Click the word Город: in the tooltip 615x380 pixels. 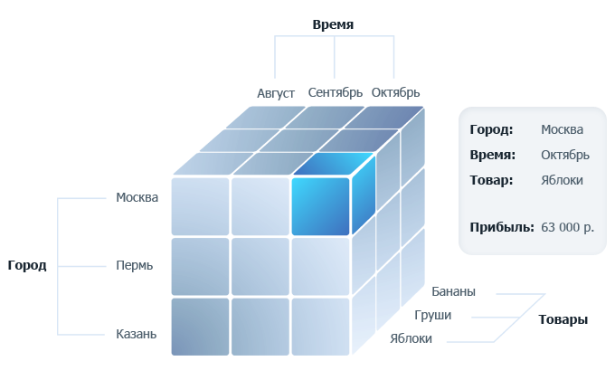(x=491, y=129)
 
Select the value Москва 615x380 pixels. (x=562, y=129)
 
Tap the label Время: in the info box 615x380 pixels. (x=492, y=155)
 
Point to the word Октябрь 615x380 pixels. (x=565, y=155)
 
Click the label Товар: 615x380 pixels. (x=491, y=180)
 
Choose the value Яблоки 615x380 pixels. (x=562, y=180)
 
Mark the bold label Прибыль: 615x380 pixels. (x=502, y=226)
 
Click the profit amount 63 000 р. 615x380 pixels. (x=567, y=226)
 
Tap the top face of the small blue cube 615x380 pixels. (x=332, y=164)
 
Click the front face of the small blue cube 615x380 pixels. (x=320, y=206)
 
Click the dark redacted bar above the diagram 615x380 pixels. (x=333, y=25)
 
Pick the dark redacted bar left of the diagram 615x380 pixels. (x=27, y=266)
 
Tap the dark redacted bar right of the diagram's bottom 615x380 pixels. (x=563, y=320)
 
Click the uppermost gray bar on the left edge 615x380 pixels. (x=137, y=197)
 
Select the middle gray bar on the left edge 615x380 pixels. (x=135, y=266)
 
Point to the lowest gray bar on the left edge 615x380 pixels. (x=137, y=334)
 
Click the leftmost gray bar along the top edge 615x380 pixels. (x=276, y=94)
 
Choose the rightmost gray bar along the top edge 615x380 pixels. (x=396, y=92)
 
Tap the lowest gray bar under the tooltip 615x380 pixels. (x=411, y=337)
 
